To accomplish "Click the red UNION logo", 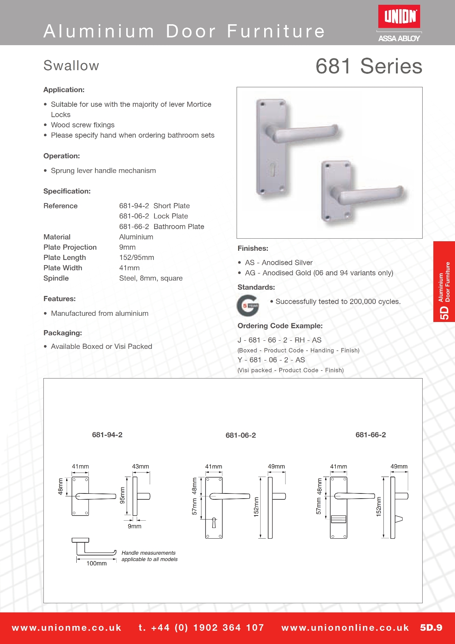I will coord(399,17).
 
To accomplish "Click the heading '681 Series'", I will coord(369,66).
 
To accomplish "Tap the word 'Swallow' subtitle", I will coord(71,66).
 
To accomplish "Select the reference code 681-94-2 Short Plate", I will coord(154,206).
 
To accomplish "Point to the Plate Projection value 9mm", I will coord(127,247).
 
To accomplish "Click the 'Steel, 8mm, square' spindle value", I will coord(151,278).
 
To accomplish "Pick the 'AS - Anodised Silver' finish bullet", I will coord(279,263).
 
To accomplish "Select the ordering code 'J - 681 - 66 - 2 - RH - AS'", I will coord(280,340).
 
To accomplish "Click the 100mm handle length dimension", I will coord(97,563).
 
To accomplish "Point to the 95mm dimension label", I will coord(123,495).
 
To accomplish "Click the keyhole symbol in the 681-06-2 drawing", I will coord(214,523).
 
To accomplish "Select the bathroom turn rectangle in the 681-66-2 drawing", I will coord(338,519).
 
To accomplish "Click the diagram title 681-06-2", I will coord(241,435).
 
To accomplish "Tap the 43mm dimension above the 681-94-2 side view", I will coord(141,467).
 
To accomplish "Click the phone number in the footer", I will coord(201,628).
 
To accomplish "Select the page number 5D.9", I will coord(431,628).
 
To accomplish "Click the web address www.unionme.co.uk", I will coord(67,628).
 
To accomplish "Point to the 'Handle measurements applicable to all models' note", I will coord(149,556).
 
